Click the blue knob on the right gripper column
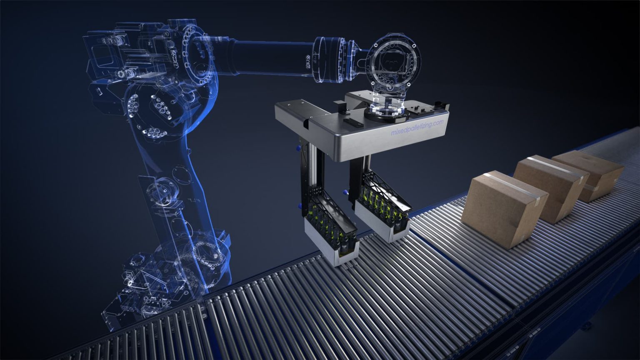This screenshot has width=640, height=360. pos(345,192)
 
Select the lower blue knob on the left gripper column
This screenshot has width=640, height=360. pos(299,205)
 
